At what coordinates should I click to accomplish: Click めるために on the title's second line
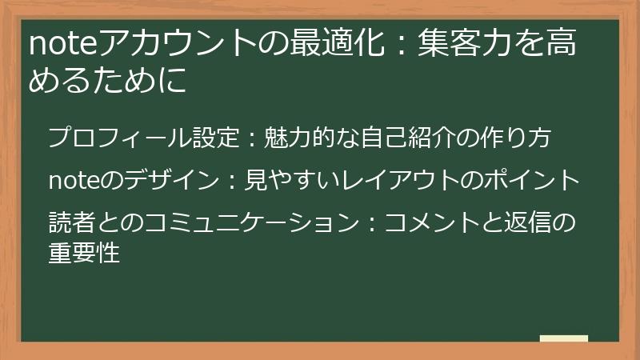(107, 81)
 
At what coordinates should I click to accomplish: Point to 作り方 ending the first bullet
(530, 138)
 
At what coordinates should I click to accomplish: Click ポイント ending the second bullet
(532, 181)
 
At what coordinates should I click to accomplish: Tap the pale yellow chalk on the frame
(563, 339)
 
